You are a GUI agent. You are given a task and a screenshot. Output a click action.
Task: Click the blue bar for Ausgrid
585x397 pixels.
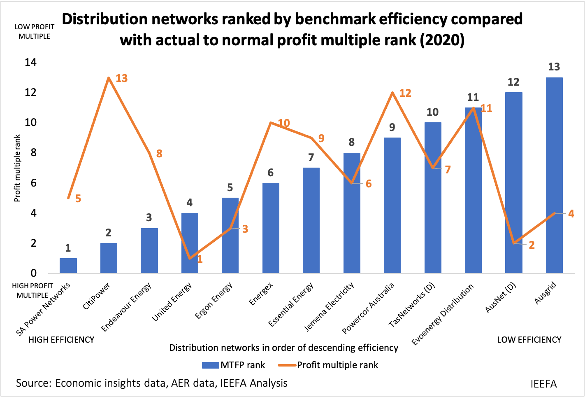pos(554,175)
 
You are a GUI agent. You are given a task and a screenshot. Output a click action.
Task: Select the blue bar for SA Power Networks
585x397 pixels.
pos(68,265)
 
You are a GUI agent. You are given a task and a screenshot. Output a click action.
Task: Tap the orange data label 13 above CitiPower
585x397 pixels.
pos(122,78)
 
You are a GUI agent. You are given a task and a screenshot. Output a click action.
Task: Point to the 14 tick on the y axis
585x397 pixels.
pos(30,63)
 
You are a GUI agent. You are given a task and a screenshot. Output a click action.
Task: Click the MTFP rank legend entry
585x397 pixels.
pos(234,365)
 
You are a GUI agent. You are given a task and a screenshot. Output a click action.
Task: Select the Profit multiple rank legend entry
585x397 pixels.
pos(328,365)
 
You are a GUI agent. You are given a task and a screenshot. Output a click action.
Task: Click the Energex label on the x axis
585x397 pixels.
pos(261,294)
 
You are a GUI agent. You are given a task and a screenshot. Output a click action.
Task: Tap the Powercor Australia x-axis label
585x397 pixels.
pos(368,309)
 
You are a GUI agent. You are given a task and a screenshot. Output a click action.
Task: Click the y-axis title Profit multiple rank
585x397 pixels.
pos(17,168)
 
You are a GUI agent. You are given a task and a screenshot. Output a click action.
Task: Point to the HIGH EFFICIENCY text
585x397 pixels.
pos(61,340)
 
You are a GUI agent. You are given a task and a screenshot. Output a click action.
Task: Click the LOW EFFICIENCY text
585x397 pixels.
pos(529,340)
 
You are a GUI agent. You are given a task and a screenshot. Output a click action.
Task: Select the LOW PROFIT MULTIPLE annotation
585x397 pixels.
pos(34,31)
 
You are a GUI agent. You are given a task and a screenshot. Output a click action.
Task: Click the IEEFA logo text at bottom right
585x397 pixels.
pos(543,384)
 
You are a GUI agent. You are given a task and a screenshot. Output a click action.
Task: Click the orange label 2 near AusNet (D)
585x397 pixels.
pos(532,245)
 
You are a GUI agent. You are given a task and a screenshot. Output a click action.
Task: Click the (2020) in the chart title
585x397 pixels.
pos(442,40)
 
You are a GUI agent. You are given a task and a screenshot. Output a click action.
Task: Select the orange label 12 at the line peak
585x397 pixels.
pos(405,93)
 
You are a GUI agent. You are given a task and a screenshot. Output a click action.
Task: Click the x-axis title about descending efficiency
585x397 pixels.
pos(284,348)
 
